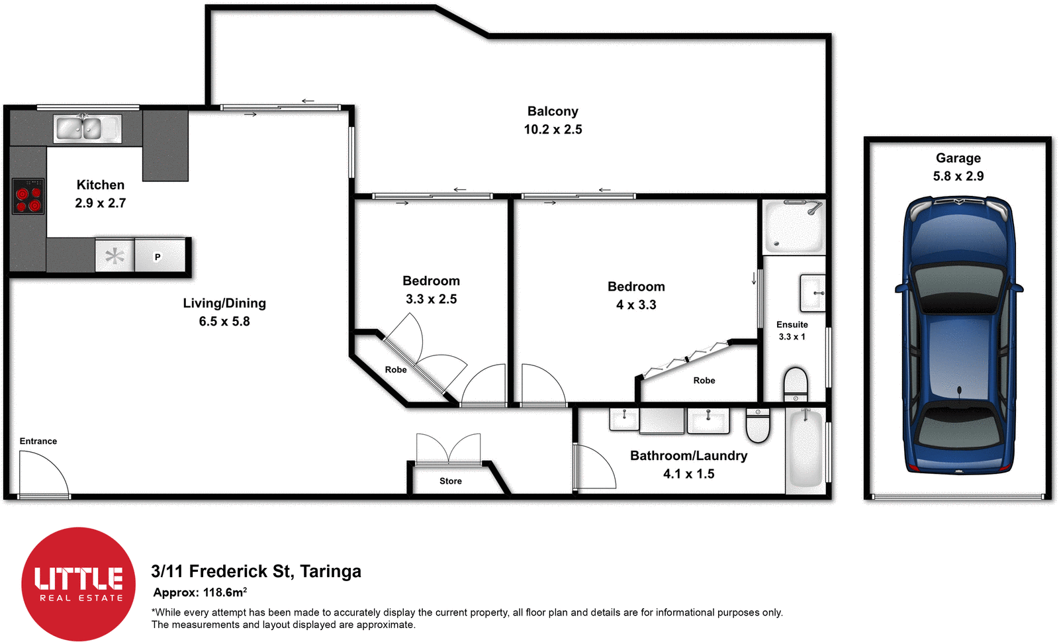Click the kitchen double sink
[87, 128]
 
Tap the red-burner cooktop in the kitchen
[28, 196]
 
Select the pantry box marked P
[159, 256]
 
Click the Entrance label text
[38, 441]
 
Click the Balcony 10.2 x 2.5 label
[553, 120]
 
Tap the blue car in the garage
[958, 334]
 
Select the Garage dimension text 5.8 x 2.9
[958, 176]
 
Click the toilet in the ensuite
[795, 384]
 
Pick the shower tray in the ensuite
[794, 227]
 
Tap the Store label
[450, 481]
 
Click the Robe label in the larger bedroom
[704, 381]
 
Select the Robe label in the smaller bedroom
[396, 370]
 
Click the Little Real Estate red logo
[78, 584]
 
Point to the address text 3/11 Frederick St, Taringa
[256, 571]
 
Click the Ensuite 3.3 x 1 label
[792, 330]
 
